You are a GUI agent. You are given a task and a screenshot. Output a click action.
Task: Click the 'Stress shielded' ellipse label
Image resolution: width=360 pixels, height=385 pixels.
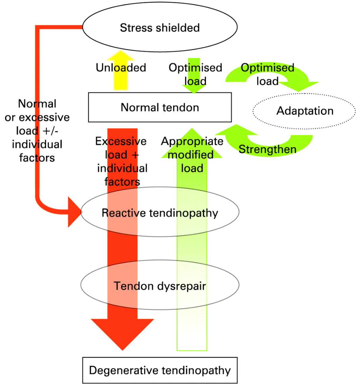pos(160,27)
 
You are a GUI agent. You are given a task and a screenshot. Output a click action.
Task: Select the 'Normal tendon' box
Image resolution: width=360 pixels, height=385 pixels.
pos(160,107)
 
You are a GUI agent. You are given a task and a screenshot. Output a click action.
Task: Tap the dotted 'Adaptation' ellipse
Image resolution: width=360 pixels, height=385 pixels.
pos(304,111)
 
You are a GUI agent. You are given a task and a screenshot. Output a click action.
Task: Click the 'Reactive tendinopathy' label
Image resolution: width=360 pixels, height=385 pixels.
pos(160,213)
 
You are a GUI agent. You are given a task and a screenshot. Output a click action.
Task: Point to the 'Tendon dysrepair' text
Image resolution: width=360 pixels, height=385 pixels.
pos(160,286)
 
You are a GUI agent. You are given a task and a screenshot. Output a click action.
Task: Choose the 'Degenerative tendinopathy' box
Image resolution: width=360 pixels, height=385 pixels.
pos(160,370)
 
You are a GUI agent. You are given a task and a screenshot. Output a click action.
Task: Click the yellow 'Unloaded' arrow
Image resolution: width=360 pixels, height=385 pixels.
pos(121,70)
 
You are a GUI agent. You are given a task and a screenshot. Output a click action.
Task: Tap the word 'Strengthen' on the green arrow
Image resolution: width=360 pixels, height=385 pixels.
pos(267,149)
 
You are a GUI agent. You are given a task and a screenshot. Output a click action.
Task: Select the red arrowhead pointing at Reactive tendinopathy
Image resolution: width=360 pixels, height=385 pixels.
pos(75,212)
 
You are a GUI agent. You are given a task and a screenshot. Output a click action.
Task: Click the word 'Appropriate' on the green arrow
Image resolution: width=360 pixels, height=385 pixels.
pos(192,142)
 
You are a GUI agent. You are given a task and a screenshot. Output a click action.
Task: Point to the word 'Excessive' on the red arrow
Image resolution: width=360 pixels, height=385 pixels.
pos(121,141)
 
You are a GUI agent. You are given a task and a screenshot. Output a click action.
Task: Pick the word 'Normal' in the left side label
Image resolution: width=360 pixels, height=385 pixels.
pos(37,104)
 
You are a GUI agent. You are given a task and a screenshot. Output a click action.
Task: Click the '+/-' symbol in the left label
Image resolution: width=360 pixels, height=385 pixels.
pos(50,131)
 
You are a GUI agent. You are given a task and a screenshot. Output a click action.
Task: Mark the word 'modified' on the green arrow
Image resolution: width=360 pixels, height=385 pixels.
pos(190,155)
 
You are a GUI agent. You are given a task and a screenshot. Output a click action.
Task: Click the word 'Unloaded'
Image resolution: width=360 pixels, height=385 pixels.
pos(121,68)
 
